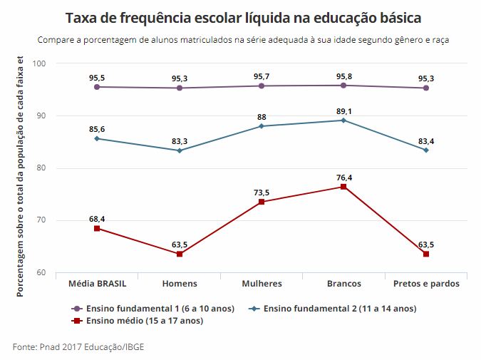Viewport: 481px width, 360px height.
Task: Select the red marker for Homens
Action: point(180,254)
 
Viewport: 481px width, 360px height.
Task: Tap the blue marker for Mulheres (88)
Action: point(262,126)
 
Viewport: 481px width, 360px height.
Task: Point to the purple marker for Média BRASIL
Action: point(97,87)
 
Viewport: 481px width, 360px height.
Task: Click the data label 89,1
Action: point(343,110)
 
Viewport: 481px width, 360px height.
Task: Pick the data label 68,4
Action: point(97,217)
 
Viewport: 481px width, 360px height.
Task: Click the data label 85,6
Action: point(97,128)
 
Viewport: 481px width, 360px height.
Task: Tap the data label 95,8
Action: point(343,76)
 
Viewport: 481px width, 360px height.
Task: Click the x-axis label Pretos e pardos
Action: point(425,284)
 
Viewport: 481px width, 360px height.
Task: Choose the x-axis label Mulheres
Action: point(262,284)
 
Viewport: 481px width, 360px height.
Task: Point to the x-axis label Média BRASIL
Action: point(97,284)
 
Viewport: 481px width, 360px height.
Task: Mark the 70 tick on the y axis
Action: point(42,221)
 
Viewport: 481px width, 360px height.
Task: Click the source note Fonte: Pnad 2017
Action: point(82,347)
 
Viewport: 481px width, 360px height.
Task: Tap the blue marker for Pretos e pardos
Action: point(425,150)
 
